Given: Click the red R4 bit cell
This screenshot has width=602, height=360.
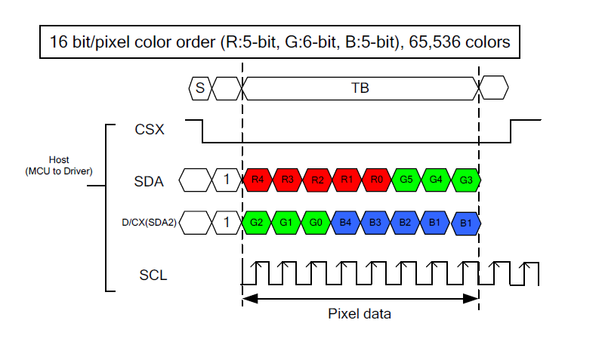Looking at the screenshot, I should [258, 180].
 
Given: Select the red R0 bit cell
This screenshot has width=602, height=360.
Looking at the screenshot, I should [376, 180].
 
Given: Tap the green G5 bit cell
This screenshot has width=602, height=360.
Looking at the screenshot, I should [406, 180].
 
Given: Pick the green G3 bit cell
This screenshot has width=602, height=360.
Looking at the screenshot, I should [465, 180].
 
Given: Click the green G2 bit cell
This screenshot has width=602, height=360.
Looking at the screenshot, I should [258, 223].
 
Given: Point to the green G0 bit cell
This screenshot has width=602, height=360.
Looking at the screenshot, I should [317, 223].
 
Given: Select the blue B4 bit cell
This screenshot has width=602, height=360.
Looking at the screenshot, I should [347, 223].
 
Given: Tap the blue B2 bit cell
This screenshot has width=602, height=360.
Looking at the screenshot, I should [406, 223].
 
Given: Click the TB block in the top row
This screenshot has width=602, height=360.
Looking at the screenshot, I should [360, 88].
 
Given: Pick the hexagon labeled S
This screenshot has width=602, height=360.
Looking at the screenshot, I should [199, 88].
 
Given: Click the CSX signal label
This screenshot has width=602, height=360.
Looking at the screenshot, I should [150, 130].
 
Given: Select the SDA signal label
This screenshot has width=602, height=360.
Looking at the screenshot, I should [149, 181].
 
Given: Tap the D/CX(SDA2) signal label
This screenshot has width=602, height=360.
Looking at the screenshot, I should [150, 223].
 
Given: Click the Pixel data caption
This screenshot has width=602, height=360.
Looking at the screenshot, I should [360, 313].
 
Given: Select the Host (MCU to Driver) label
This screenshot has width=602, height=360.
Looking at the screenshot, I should [58, 165].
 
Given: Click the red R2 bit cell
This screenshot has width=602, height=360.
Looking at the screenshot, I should [317, 180].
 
